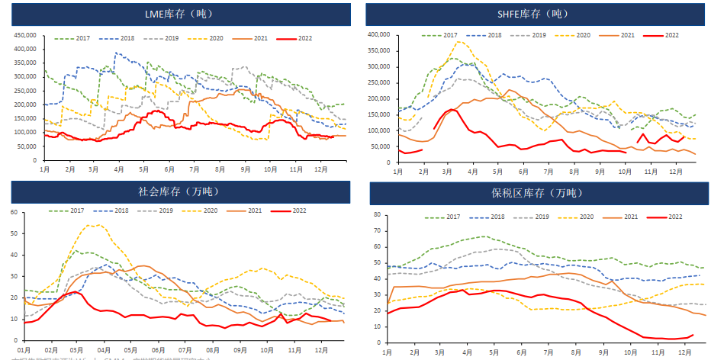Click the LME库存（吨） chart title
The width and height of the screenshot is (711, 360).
click(180, 14)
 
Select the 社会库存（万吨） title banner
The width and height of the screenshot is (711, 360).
click(180, 192)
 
